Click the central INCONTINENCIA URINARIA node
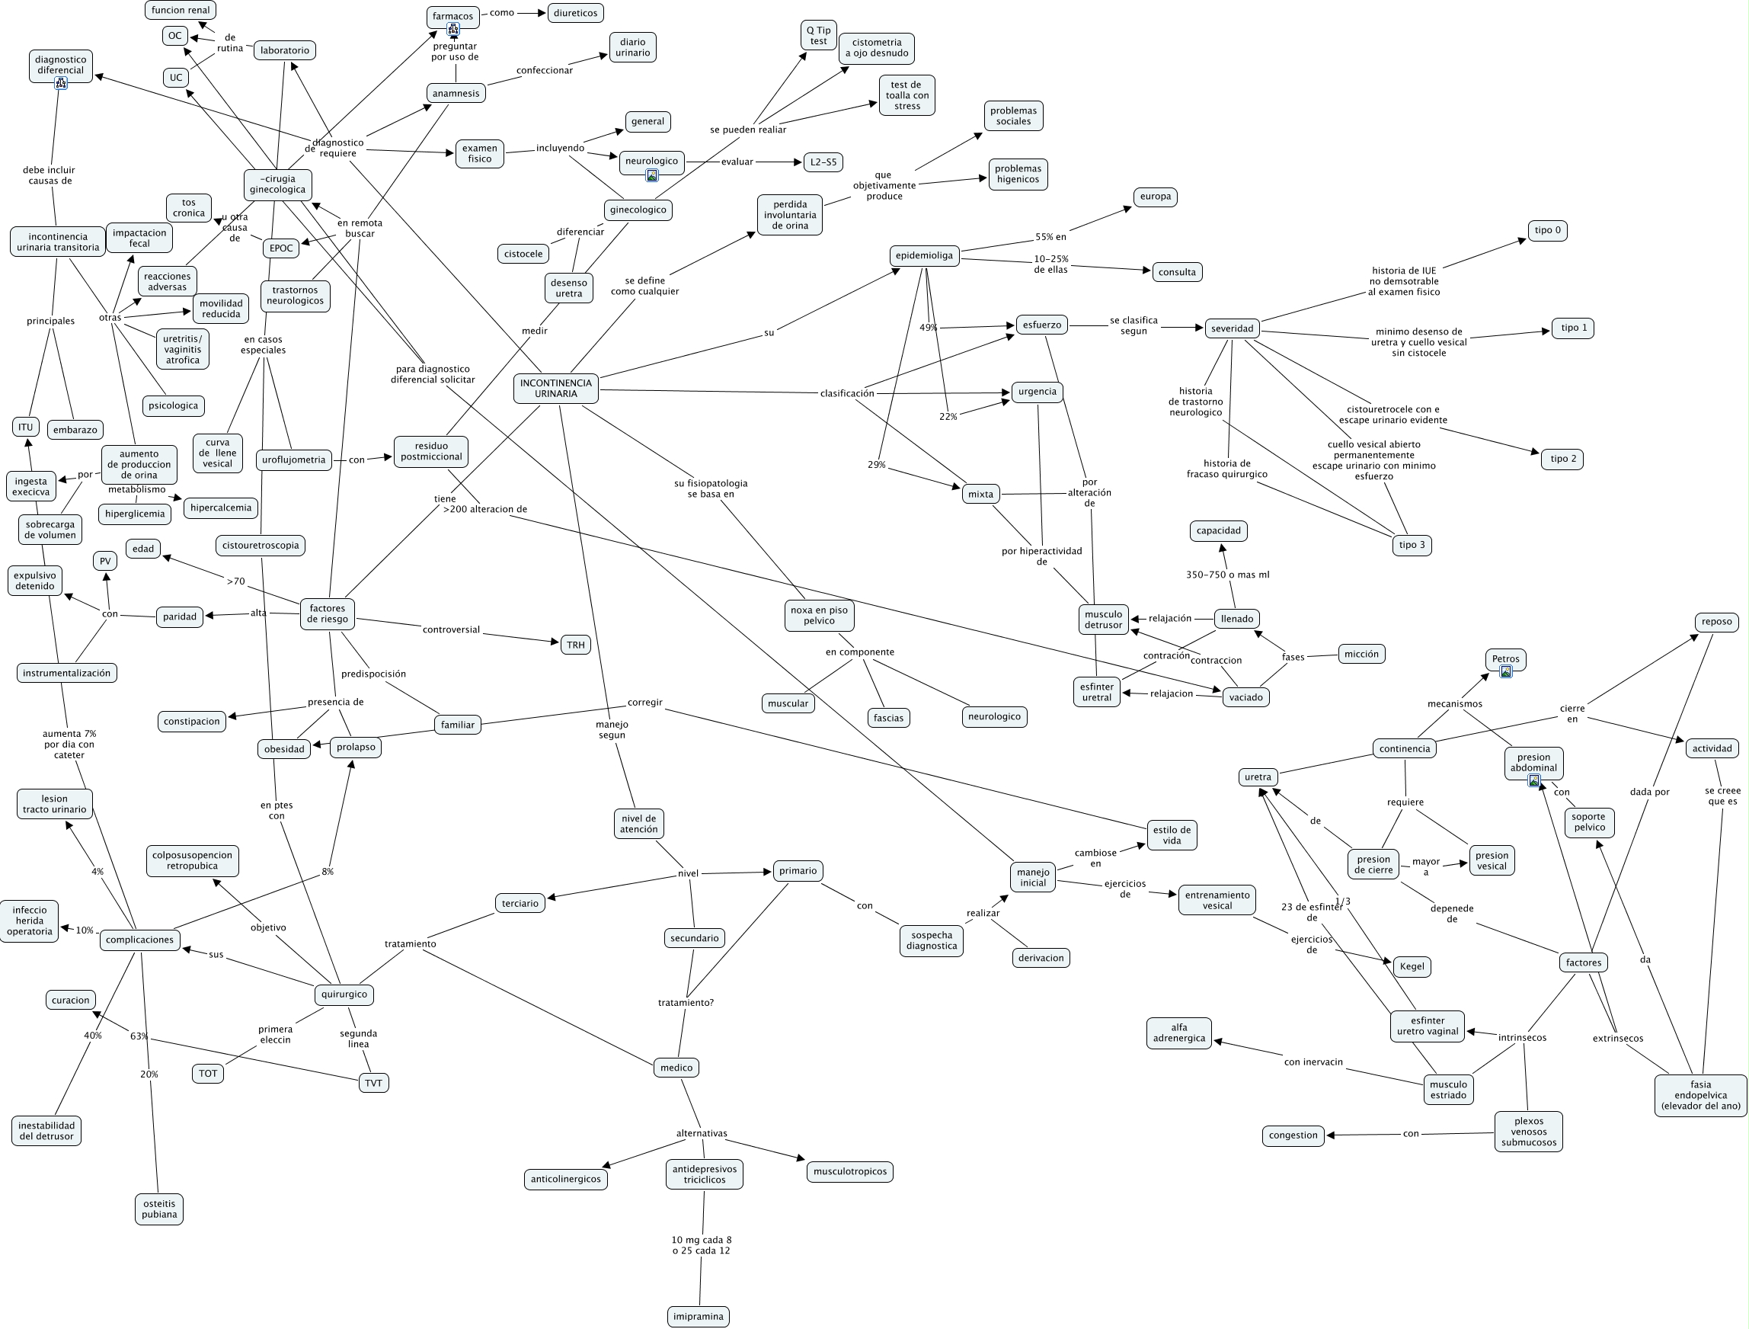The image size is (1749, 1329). (x=555, y=389)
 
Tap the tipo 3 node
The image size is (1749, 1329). (x=1412, y=545)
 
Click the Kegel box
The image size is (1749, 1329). (x=1412, y=966)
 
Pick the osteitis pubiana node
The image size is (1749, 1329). (x=159, y=1209)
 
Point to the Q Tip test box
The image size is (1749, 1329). (x=818, y=36)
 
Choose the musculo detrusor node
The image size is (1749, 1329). (x=1103, y=620)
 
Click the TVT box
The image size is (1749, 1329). (x=373, y=1083)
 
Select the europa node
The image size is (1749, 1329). (x=1155, y=196)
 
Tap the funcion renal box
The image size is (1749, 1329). (x=181, y=10)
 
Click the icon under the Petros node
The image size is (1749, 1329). (x=1505, y=671)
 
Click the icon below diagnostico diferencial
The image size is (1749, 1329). (x=61, y=83)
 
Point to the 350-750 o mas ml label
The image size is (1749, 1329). (x=1227, y=575)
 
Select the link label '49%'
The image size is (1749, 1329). (x=928, y=328)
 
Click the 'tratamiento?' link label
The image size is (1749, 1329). (x=686, y=1002)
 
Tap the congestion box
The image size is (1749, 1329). (x=1293, y=1135)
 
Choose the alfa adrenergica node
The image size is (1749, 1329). (x=1179, y=1033)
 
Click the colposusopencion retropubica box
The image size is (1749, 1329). (x=192, y=860)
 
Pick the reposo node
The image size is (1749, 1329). (x=1716, y=622)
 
